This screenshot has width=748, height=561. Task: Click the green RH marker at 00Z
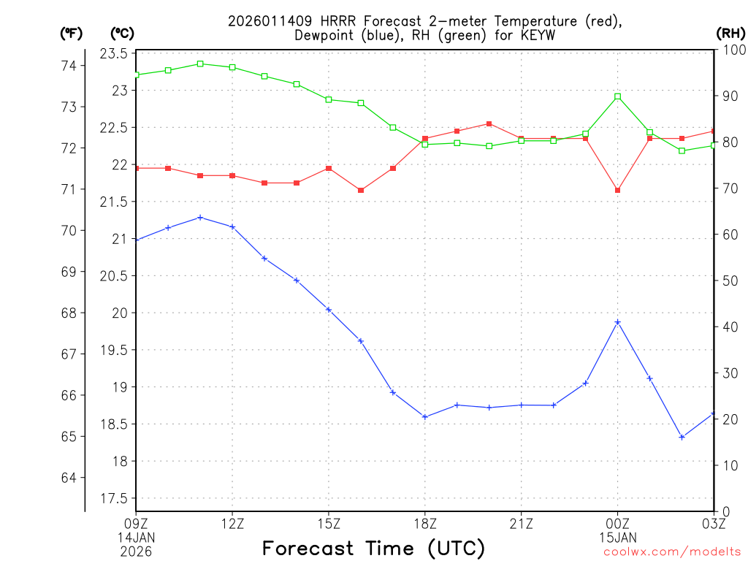click(618, 96)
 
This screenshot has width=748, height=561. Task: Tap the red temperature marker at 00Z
click(618, 191)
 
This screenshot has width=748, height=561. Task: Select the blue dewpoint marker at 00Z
click(618, 322)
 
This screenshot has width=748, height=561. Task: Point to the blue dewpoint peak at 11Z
click(200, 218)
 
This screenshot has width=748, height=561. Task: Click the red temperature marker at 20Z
click(489, 123)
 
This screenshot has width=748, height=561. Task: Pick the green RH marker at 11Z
click(200, 64)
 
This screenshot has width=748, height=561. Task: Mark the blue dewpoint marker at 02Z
click(682, 437)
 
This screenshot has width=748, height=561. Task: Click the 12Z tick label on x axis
click(232, 523)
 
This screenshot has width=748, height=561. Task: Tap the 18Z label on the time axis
click(425, 523)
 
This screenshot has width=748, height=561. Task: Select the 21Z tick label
click(522, 523)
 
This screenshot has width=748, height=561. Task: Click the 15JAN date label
click(618, 536)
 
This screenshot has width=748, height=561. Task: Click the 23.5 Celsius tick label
click(113, 53)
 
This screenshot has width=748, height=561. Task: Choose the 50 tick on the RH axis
click(728, 280)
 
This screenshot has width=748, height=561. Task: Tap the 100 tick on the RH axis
click(731, 50)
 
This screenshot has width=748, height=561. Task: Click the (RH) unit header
click(730, 33)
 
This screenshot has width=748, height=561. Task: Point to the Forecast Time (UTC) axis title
click(373, 548)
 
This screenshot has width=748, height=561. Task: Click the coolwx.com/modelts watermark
click(672, 552)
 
